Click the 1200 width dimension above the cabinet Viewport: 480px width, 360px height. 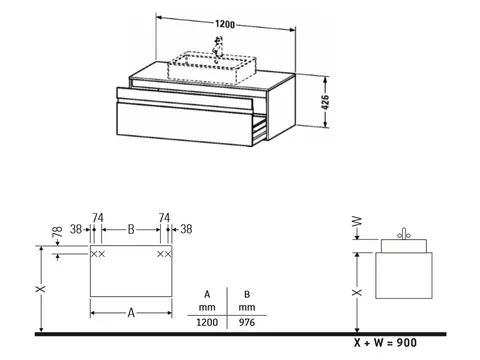[225, 24]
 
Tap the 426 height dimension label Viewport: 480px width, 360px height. [325, 102]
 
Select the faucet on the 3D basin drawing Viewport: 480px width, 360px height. [218, 47]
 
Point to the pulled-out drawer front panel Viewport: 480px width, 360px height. [184, 124]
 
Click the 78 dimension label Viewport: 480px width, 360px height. [57, 232]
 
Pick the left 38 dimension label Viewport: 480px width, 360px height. [76, 229]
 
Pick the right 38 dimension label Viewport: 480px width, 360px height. [186, 229]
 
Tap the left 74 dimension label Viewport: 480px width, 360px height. [98, 218]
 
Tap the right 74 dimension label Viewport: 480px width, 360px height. [164, 218]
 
